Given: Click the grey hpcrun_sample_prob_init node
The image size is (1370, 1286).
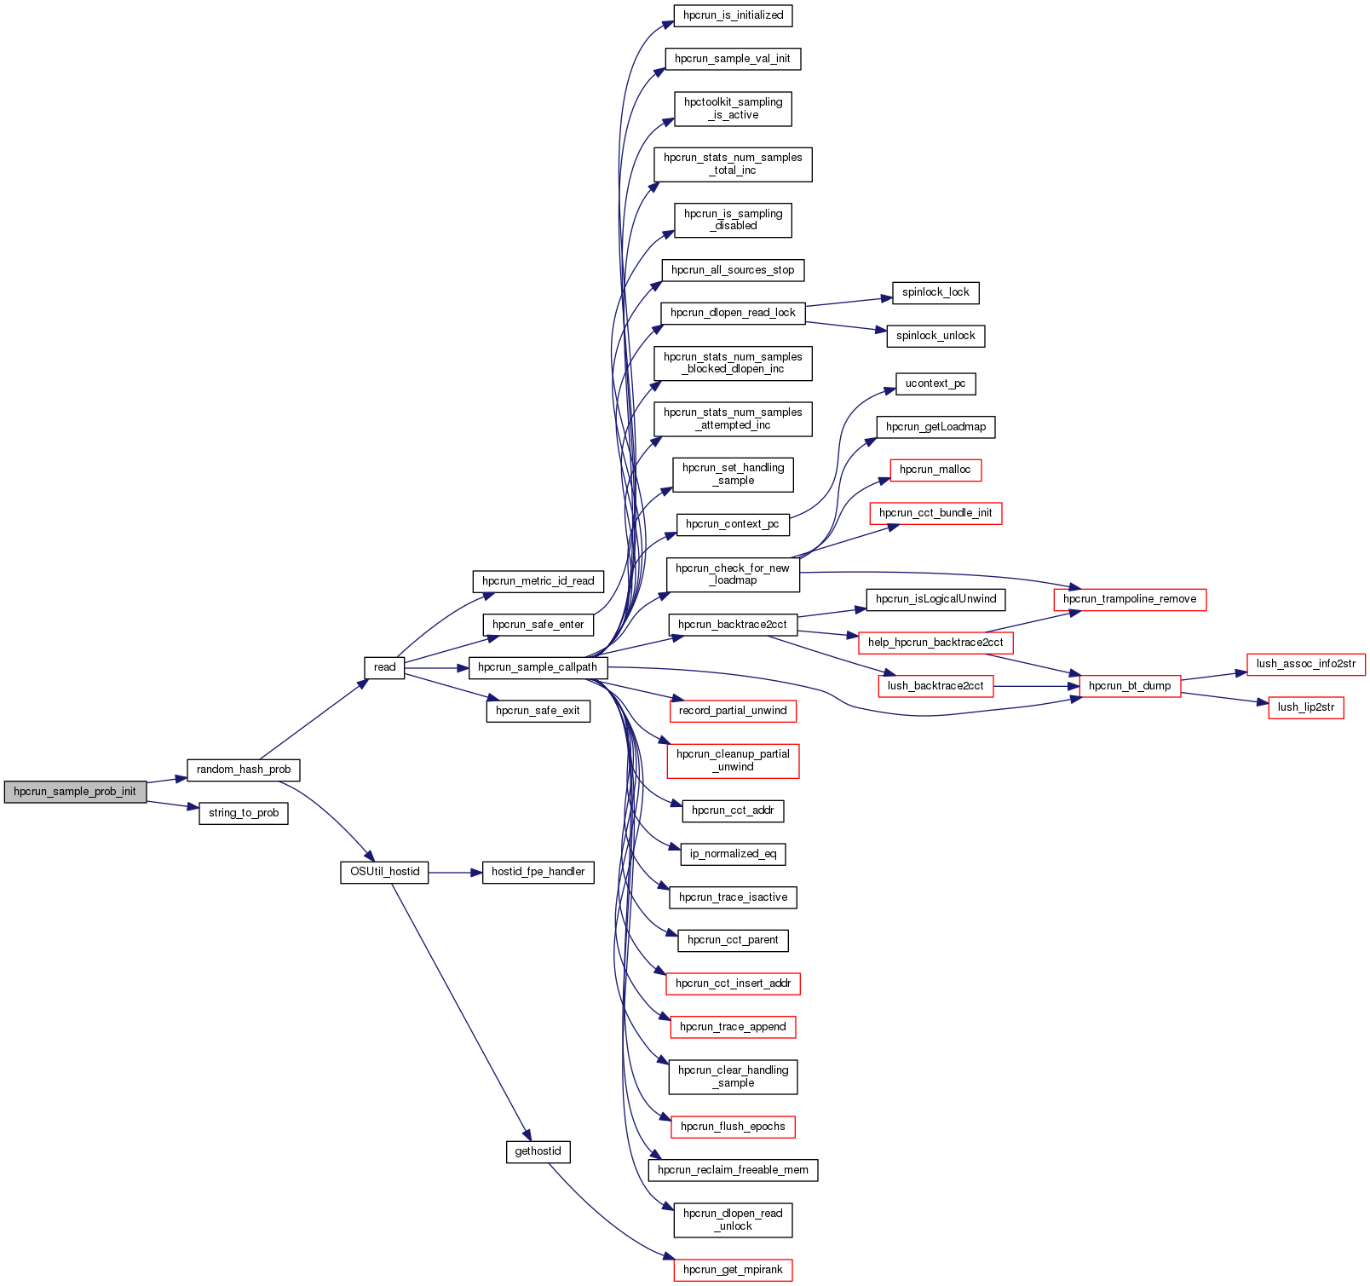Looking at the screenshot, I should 75,792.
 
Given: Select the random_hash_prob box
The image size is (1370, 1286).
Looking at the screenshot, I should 244,770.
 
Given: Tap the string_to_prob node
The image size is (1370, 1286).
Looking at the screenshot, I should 244,813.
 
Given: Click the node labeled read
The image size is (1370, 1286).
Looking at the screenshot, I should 384,667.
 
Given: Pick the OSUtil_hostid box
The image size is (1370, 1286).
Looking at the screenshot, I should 384,872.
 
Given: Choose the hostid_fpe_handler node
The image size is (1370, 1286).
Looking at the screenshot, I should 538,872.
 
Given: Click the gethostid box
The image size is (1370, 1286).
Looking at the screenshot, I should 538,1151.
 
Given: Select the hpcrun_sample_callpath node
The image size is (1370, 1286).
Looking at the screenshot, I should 538,667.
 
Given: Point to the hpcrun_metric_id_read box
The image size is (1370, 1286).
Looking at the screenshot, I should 538,581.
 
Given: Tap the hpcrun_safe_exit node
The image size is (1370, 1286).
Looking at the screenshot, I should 538,711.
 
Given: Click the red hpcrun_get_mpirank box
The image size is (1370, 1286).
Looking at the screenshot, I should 733,1270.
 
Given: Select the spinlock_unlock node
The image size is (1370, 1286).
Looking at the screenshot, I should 935,336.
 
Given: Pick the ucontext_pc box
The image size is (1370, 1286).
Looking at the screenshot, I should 935,383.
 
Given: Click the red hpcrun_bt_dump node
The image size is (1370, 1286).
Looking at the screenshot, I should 1130,686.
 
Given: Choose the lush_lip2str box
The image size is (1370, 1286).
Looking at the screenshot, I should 1306,707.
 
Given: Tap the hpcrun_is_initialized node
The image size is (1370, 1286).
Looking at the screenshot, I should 733,15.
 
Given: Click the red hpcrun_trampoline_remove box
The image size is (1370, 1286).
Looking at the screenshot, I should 1130,599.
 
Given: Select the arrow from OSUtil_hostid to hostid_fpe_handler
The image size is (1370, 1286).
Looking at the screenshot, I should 455,873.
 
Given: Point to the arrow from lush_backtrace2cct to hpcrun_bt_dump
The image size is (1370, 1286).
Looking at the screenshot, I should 1036,686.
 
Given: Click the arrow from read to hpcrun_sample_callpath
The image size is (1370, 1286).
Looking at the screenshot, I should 436,668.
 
